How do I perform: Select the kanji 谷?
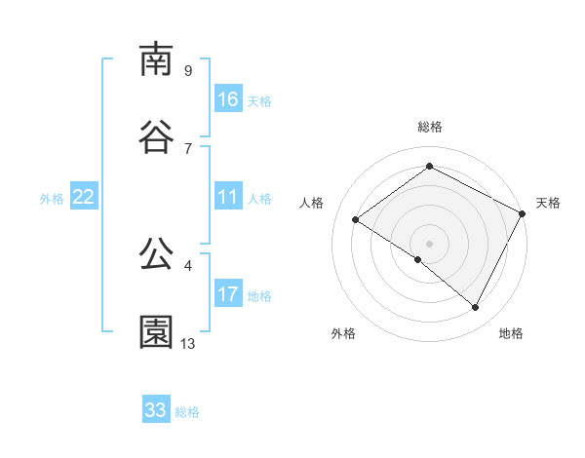(x=156, y=136)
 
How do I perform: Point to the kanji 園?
(x=156, y=331)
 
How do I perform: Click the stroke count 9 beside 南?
(x=187, y=70)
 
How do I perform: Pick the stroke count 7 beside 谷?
(x=187, y=148)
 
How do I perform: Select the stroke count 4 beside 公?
(x=187, y=265)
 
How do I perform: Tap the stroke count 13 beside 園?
(x=188, y=343)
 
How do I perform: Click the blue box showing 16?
(x=228, y=99)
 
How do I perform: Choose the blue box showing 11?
(x=228, y=198)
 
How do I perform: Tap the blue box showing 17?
(x=228, y=294)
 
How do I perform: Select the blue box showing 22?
(x=84, y=198)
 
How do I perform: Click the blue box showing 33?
(x=156, y=410)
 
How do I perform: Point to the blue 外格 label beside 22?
(x=52, y=199)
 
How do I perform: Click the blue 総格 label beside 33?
(x=188, y=412)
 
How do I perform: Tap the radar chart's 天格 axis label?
(x=548, y=203)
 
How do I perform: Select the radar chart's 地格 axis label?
(x=511, y=334)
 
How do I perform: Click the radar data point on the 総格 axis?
(x=429, y=167)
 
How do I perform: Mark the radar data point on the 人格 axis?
(x=356, y=219)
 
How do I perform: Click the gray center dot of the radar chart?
(x=429, y=243)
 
